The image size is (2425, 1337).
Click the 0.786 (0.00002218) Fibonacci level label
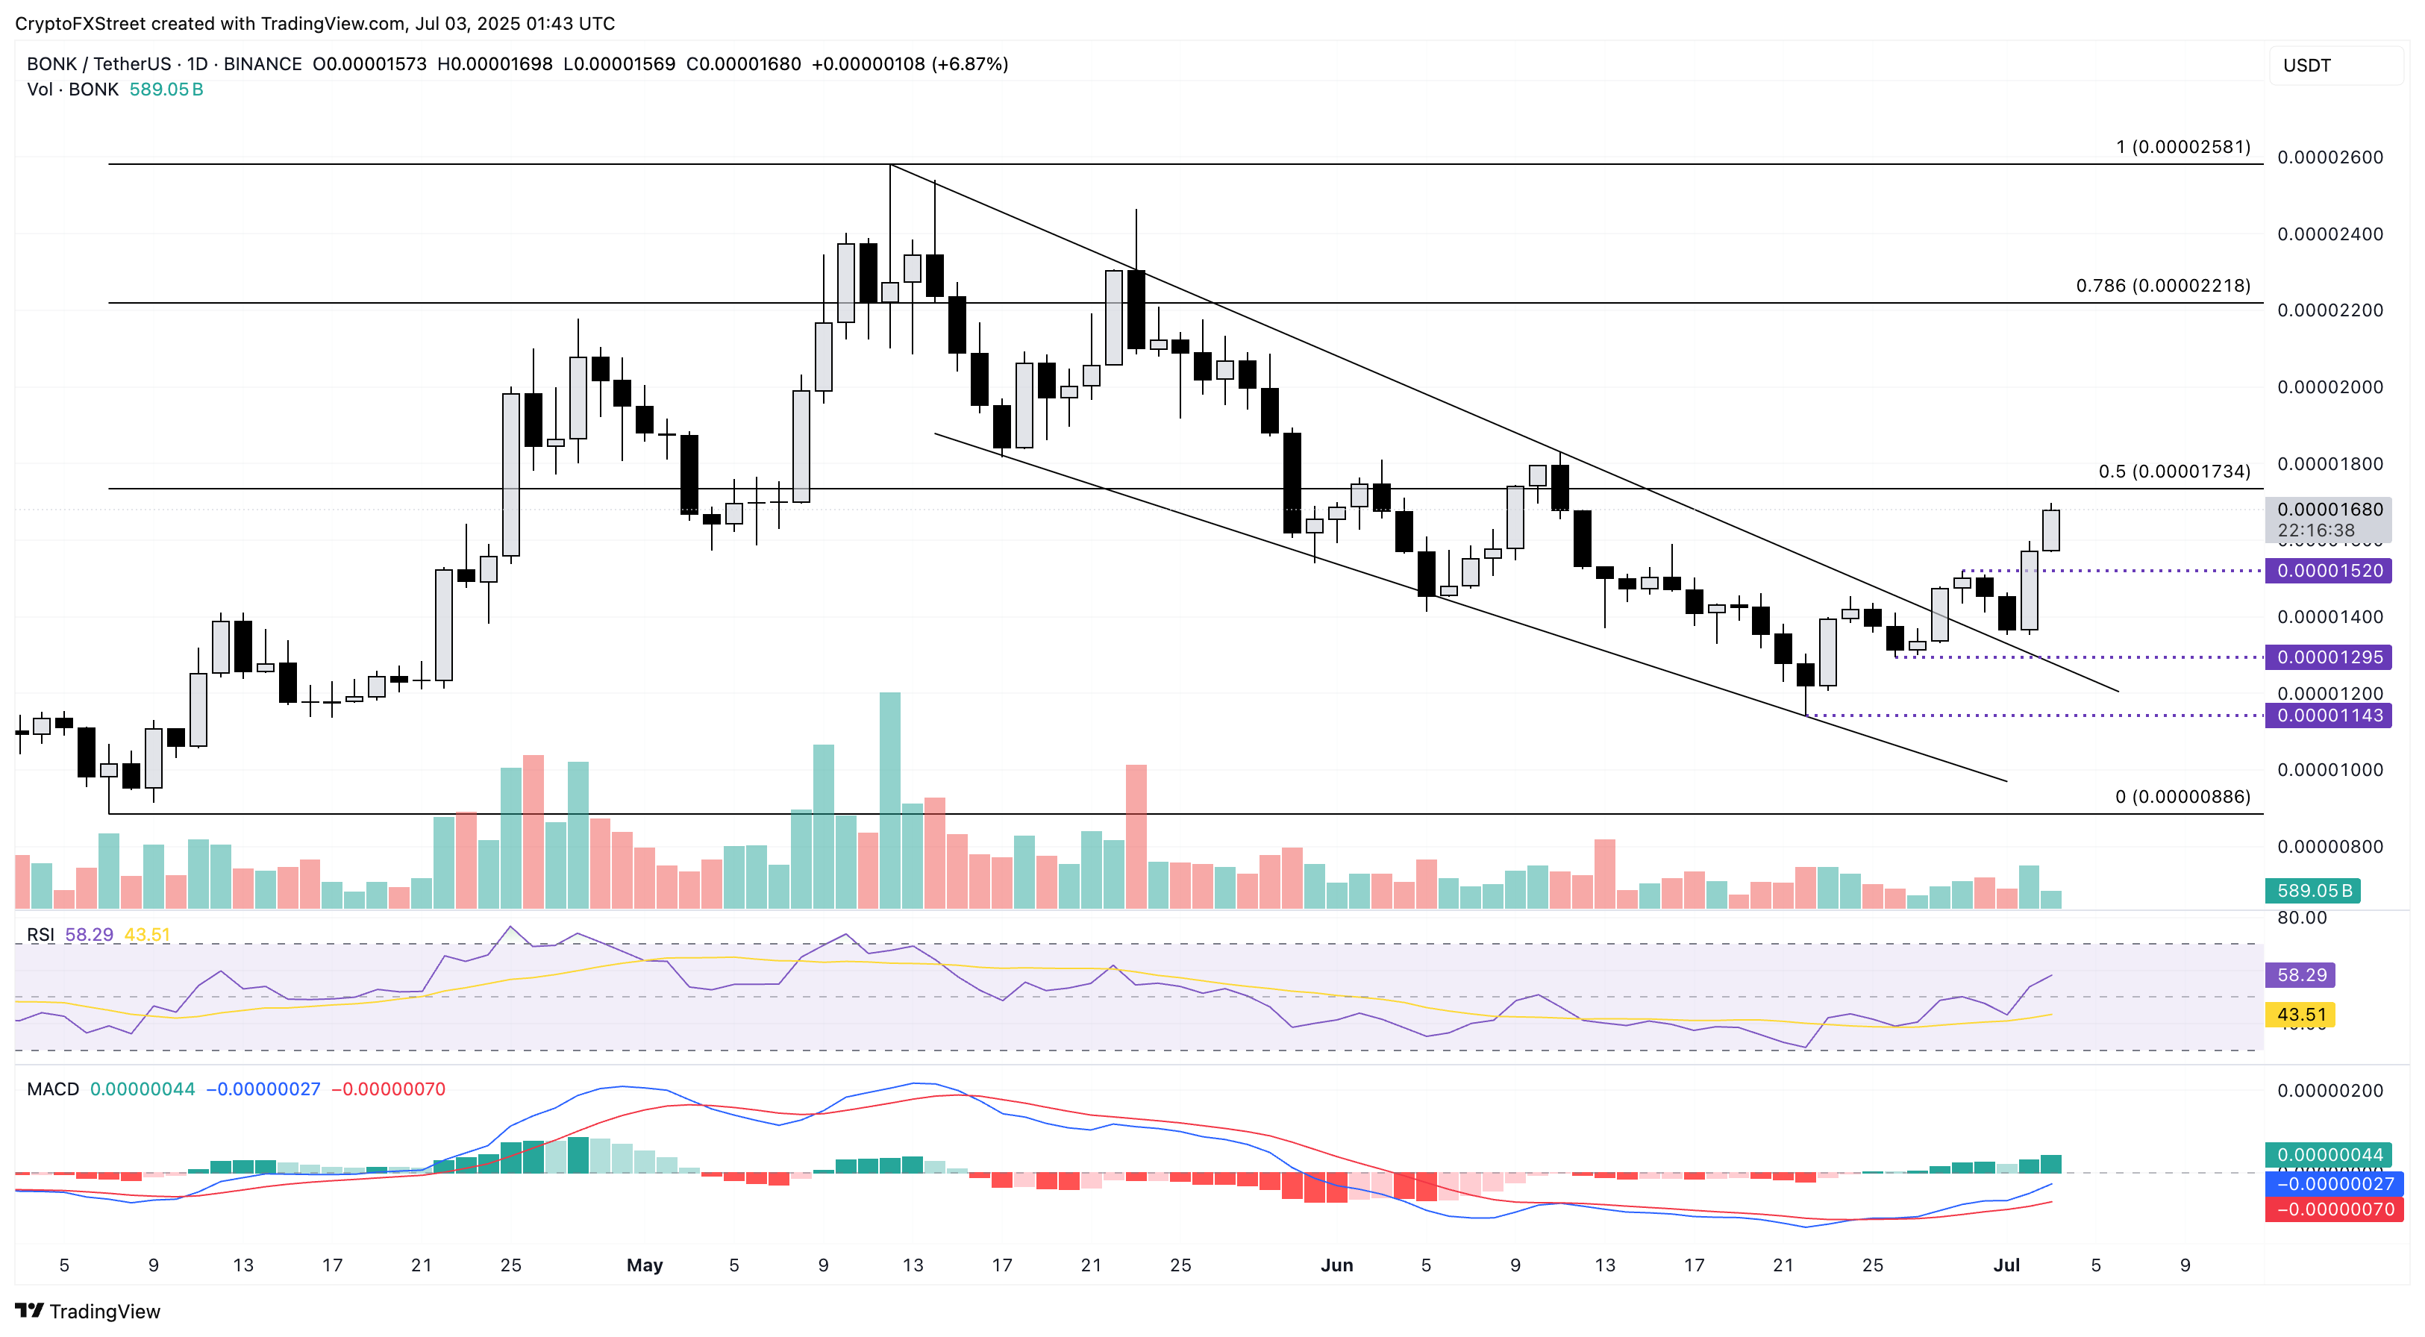(2162, 285)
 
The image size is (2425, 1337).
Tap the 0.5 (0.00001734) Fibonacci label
(2174, 471)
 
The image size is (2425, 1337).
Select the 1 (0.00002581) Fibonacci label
(2182, 147)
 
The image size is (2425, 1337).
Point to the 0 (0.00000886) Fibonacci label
(2182, 797)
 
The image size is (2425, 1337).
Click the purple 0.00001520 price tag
(2328, 571)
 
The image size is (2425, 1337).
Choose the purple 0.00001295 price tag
(2328, 657)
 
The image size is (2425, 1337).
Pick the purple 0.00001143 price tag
(2328, 716)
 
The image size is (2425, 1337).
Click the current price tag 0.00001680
(2329, 510)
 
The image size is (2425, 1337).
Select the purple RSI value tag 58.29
(2300, 974)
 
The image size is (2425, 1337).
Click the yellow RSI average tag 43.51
(2300, 1014)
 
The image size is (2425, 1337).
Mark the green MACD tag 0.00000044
(2328, 1154)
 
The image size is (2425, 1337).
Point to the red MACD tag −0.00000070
(2328, 1209)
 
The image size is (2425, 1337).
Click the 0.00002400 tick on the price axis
(2329, 234)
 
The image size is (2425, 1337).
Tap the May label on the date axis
(645, 1265)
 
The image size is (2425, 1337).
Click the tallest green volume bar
(889, 801)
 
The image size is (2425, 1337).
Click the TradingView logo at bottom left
(89, 1311)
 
